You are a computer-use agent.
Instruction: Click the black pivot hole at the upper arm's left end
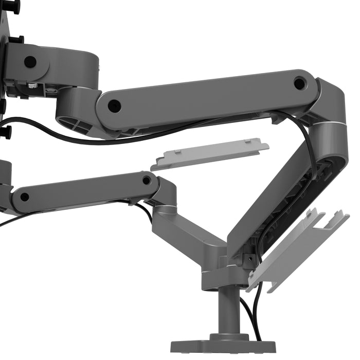point(114,106)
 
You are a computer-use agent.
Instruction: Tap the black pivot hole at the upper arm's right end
point(299,82)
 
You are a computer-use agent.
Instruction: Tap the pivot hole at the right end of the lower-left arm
point(147,180)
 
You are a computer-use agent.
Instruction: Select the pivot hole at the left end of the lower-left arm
point(24,196)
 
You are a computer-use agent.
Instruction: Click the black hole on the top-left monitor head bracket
point(30,62)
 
